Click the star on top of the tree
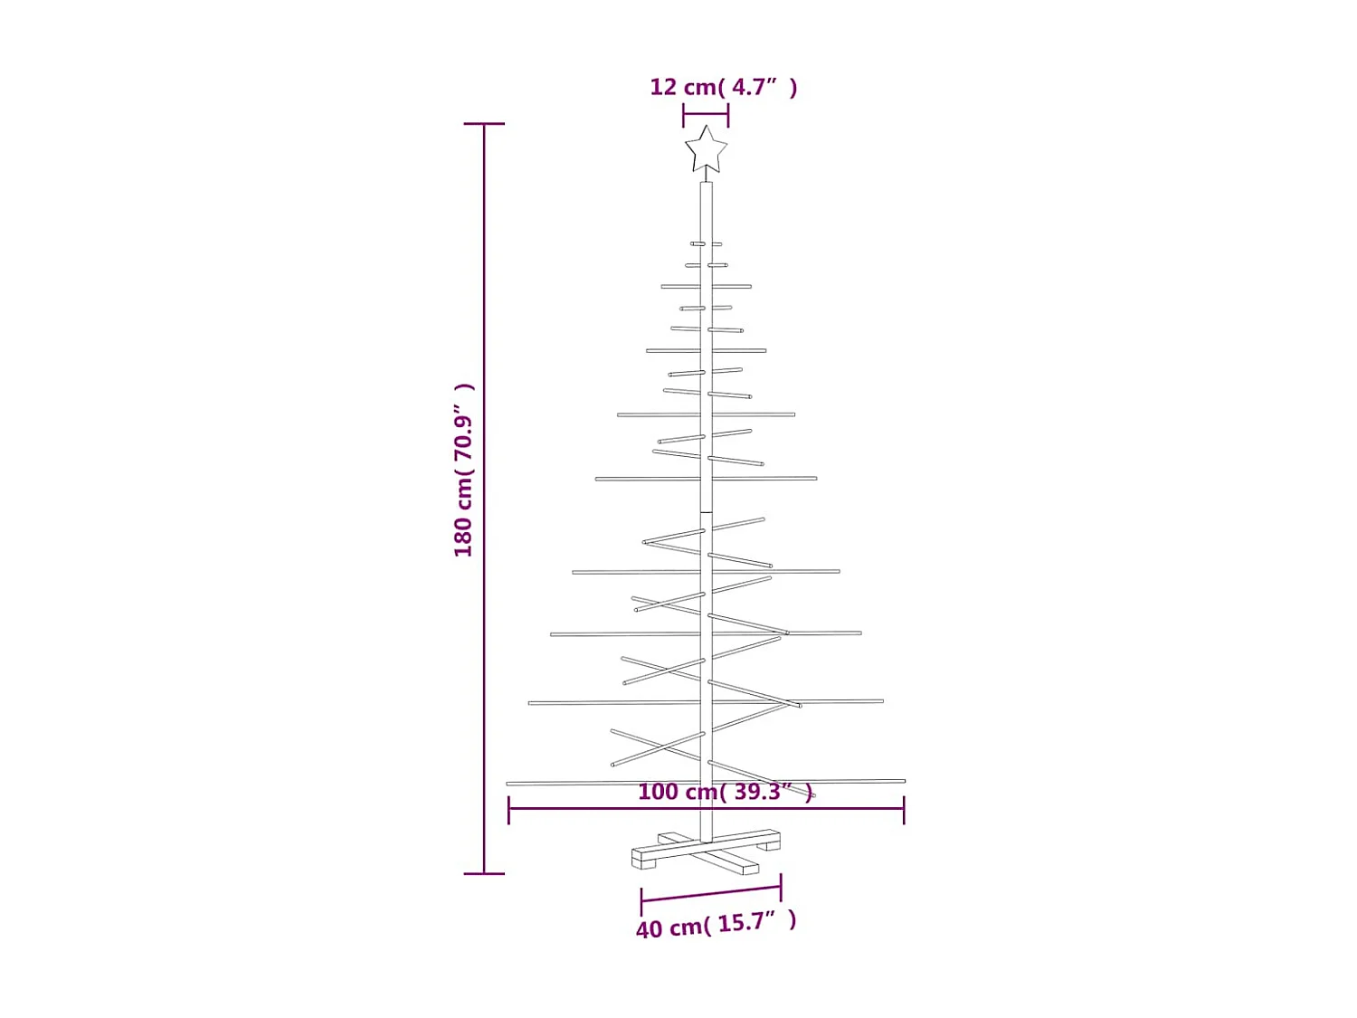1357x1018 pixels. tap(706, 150)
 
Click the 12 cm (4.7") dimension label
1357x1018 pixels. tap(723, 87)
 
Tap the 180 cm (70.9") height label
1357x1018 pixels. tap(464, 470)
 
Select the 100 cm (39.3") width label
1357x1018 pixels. tap(725, 792)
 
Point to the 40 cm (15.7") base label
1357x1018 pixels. tap(716, 925)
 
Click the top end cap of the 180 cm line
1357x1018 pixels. tap(484, 124)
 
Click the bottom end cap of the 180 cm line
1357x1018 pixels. tap(484, 873)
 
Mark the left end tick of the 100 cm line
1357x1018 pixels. tap(509, 810)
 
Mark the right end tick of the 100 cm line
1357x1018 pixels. tap(904, 810)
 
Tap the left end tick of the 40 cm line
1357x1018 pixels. tap(641, 901)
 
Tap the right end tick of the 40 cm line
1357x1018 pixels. tap(781, 887)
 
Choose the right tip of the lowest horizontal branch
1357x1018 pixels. tap(903, 780)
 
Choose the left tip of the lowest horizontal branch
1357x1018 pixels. tap(508, 784)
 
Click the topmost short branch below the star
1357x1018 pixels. tap(706, 244)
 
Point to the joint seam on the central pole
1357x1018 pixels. tap(707, 513)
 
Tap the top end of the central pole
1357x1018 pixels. tap(707, 185)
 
